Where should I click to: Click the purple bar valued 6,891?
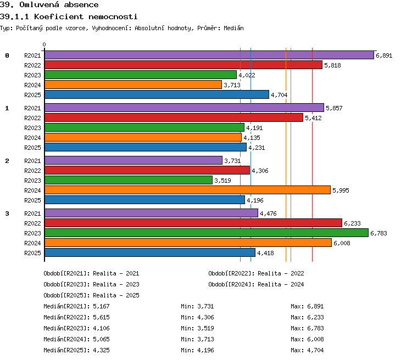[209, 55]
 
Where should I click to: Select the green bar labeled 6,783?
[207, 233]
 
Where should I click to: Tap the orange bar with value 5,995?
[188, 190]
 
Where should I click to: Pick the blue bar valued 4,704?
[157, 94]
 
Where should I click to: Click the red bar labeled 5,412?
[174, 117]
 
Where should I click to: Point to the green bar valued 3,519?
[129, 180]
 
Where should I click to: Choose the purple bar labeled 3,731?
[133, 160]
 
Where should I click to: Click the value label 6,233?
[352, 223]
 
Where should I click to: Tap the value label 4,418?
[265, 253]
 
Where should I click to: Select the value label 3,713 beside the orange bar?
[232, 85]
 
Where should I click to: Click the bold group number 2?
[7, 161]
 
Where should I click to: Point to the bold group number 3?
[7, 213]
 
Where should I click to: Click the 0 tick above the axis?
[44, 44]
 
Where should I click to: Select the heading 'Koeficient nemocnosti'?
[86, 17]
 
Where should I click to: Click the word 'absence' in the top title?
[81, 5]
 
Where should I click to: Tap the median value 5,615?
[101, 317]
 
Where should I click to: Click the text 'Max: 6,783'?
[307, 328]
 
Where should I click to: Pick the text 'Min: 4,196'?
[197, 350]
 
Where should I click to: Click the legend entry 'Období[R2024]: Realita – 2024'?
[256, 284]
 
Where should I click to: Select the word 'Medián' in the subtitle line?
[233, 28]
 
